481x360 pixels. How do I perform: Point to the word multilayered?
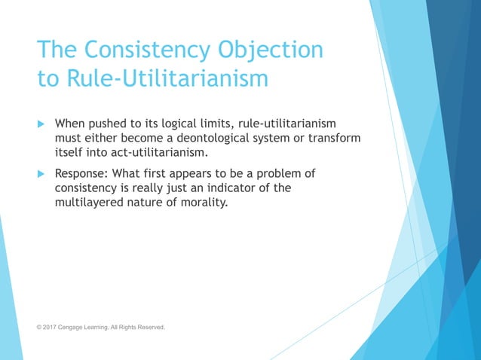pyautogui.click(x=90, y=203)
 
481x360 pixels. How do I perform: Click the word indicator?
pyautogui.click(x=221, y=188)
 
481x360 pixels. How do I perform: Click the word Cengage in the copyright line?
pyautogui.click(x=78, y=327)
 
